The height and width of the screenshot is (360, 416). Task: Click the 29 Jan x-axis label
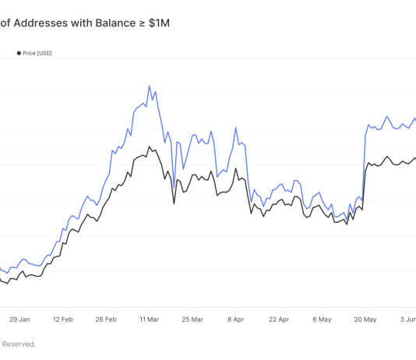point(19,319)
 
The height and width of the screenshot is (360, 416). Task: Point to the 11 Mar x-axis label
point(149,319)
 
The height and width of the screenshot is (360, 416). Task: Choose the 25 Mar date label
point(192,319)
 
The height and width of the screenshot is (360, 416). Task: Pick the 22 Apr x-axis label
point(278,319)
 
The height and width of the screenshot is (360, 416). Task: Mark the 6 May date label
point(322,319)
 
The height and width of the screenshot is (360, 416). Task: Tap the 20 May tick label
point(365,319)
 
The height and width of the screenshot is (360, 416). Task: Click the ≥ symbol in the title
point(142,23)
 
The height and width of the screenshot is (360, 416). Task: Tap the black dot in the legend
point(19,53)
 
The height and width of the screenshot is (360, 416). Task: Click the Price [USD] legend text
point(38,53)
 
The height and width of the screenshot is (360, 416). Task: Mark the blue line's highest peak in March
point(150,86)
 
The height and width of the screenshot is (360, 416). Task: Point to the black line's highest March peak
point(149,146)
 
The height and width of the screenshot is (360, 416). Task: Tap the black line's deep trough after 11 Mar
point(174,204)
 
